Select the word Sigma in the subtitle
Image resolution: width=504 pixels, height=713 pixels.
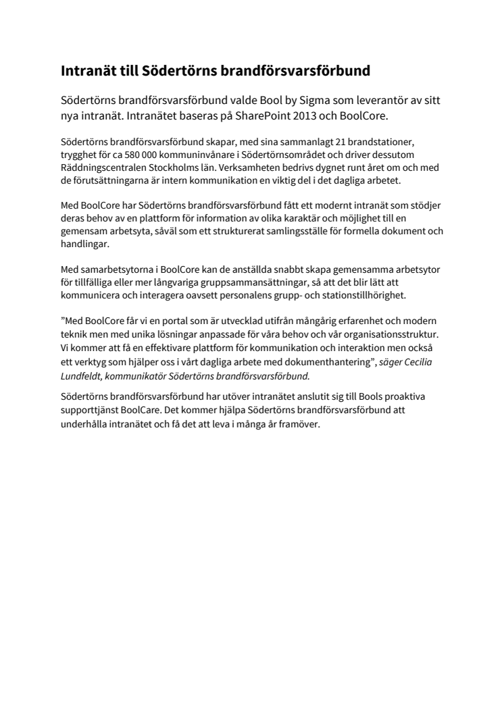(x=314, y=101)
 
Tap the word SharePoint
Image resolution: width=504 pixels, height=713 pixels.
(x=255, y=115)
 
